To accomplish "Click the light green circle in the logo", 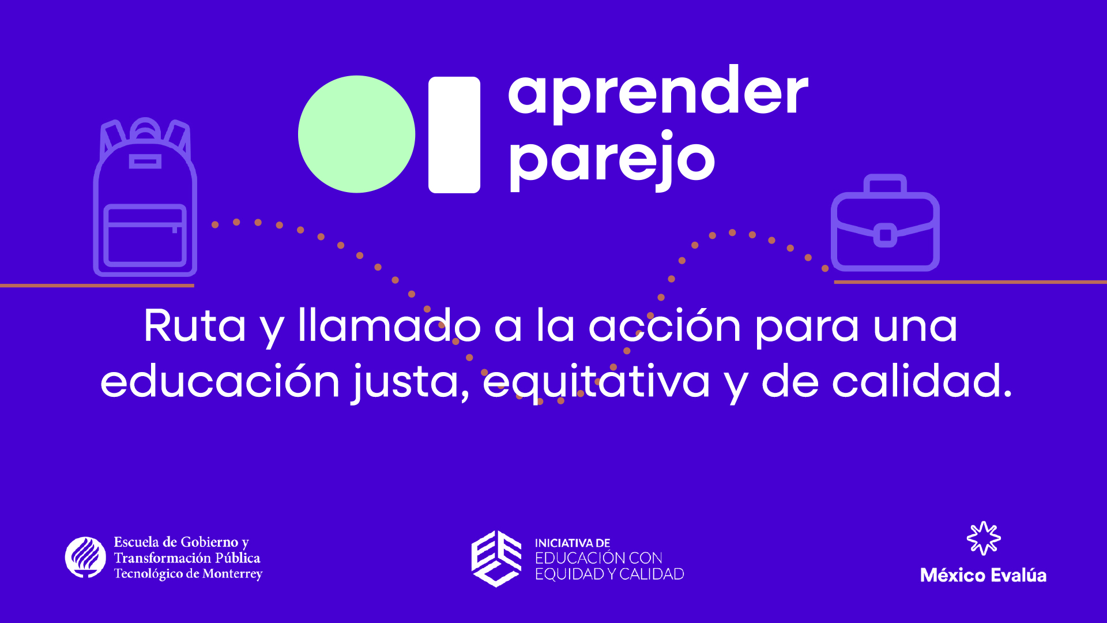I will click(x=356, y=134).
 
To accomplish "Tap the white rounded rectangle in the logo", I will click(x=454, y=134).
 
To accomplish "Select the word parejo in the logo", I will click(x=611, y=160).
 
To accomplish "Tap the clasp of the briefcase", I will click(x=885, y=235).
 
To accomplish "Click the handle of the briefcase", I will click(x=885, y=183).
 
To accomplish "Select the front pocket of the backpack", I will click(x=145, y=235).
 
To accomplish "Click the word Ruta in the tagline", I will click(x=194, y=326).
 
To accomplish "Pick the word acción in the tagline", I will click(x=664, y=325).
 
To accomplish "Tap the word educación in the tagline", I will click(x=220, y=381).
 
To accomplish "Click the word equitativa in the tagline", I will click(x=596, y=382).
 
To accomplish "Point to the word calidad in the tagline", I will click(x=921, y=381).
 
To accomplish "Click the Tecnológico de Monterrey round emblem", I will click(x=85, y=557).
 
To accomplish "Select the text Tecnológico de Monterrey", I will click(x=188, y=573).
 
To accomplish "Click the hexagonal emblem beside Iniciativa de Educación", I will click(x=496, y=558).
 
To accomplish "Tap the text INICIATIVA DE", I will click(x=573, y=543).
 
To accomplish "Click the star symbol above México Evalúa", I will click(x=984, y=538).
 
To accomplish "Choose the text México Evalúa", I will click(x=983, y=575).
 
